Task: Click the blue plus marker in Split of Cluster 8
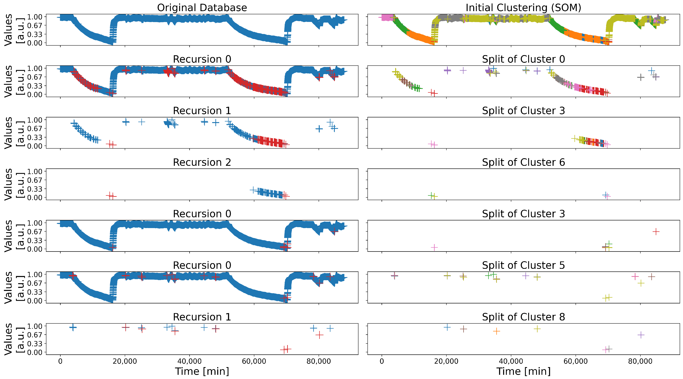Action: [447, 327]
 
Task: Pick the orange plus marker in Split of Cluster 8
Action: [496, 331]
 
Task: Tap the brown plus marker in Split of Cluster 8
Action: [463, 329]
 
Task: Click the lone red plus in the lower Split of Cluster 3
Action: [656, 232]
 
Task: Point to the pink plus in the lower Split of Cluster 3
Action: [434, 247]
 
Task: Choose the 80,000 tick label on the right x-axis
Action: [640, 361]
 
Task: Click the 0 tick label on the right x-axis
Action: [382, 361]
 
